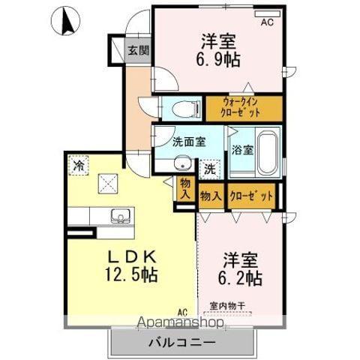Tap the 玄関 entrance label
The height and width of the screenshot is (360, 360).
(x=137, y=51)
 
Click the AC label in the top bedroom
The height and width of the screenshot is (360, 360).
(x=268, y=22)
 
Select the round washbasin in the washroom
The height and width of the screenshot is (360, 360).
(x=180, y=165)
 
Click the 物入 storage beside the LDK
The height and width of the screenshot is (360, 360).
(x=184, y=187)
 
